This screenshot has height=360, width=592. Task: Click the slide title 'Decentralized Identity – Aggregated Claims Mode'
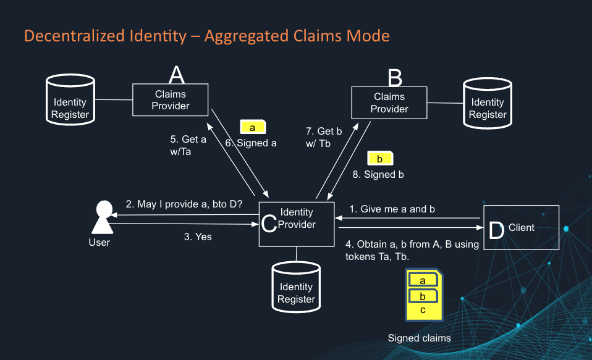pos(206,36)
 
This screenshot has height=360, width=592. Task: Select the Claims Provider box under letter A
pos(171,100)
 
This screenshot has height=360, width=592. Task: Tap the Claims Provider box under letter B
pos(389,103)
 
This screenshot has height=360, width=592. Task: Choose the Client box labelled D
pos(521,228)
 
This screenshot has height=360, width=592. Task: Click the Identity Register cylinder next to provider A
pos(70,102)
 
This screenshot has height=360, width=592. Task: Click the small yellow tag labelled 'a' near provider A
pos(253,127)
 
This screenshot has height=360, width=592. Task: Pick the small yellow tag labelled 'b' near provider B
pos(380,159)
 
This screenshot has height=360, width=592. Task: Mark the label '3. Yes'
pos(198,237)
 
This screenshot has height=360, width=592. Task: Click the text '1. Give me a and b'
pos(392,209)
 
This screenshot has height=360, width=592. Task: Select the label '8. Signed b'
pos(378,175)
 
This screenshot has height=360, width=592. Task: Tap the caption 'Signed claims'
pos(419,338)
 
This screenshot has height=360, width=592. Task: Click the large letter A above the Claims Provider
pos(177,75)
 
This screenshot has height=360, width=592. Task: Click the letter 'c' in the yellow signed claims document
pos(423,310)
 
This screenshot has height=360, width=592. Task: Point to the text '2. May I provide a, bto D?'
pos(184,204)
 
